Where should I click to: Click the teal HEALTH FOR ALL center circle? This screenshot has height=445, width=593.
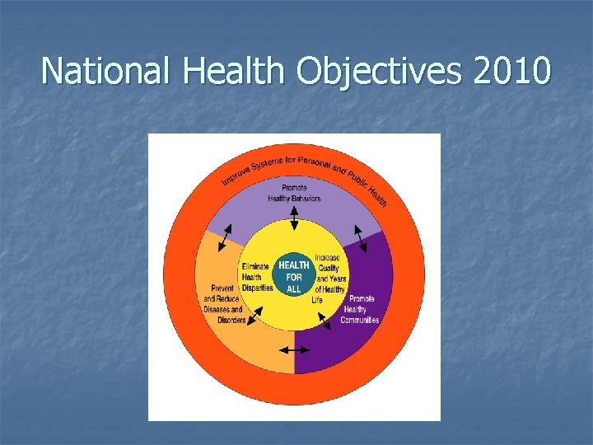(x=294, y=275)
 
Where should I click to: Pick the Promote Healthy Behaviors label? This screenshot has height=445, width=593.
(x=294, y=193)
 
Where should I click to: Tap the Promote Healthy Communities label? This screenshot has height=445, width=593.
(x=361, y=309)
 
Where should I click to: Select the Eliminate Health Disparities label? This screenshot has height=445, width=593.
(x=257, y=277)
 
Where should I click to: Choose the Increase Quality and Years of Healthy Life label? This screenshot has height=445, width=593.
(x=329, y=279)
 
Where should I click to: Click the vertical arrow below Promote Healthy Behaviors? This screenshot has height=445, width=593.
(x=294, y=218)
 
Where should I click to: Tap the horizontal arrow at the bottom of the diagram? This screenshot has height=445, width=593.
(x=294, y=349)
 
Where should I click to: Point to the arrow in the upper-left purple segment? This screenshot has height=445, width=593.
(x=224, y=237)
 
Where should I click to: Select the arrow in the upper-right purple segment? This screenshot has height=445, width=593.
(x=360, y=238)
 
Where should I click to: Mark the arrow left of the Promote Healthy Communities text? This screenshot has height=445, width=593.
(x=324, y=321)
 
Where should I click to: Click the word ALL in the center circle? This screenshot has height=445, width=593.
(x=294, y=289)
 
